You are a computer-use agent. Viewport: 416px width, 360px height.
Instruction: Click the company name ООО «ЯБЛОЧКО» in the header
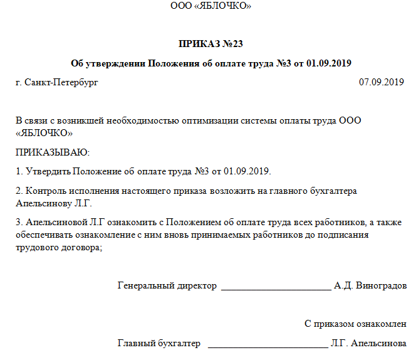(x=211, y=6)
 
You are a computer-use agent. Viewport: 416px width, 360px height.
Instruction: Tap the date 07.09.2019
(x=382, y=82)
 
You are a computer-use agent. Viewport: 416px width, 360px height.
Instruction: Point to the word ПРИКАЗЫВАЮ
(x=53, y=152)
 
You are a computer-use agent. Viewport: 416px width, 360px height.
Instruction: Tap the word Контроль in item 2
(x=43, y=191)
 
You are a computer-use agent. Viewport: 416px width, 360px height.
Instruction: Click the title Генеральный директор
(x=167, y=286)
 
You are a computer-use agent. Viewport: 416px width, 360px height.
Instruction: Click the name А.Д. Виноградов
(x=370, y=286)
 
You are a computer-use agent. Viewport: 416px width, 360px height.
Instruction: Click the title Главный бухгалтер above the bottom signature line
(x=159, y=344)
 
